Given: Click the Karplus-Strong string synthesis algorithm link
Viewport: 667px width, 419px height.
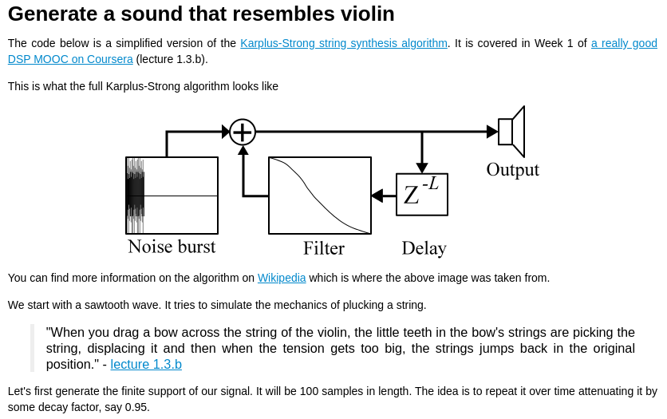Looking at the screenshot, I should [344, 43].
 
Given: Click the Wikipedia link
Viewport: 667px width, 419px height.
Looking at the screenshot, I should [282, 278].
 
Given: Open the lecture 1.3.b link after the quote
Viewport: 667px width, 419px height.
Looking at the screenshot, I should [146, 364].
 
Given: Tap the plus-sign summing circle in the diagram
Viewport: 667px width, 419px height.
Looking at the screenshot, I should [243, 132].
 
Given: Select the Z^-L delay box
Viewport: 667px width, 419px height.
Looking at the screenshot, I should [422, 194].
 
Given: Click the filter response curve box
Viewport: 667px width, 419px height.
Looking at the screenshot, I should [320, 196].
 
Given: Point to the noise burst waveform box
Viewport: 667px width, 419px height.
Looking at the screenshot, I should [172, 196].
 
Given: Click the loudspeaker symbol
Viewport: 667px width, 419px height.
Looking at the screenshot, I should [511, 132].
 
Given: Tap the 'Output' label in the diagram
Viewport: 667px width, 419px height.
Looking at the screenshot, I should [512, 169].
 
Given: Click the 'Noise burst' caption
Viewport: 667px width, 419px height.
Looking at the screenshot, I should [172, 247].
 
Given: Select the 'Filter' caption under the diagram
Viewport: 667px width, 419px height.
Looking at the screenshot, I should [324, 248].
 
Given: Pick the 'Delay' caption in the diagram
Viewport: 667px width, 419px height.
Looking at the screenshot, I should [424, 248].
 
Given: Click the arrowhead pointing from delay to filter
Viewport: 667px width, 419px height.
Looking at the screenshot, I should [377, 196].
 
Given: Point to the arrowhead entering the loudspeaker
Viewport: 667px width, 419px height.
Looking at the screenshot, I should [492, 132].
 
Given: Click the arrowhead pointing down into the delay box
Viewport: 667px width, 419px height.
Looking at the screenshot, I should [422, 168].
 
